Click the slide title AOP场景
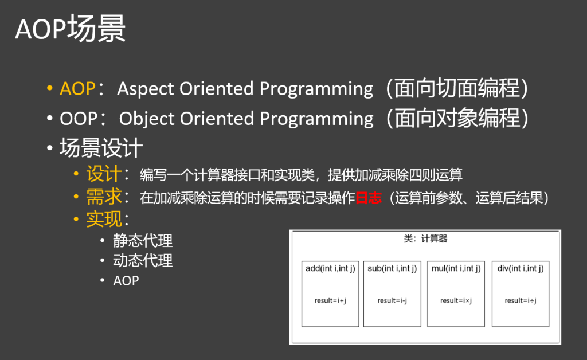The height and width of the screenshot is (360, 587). tap(71, 29)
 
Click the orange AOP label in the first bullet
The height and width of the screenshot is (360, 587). tap(77, 89)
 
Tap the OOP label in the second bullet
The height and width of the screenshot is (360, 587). tap(78, 119)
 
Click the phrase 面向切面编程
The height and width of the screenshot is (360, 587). tap(457, 88)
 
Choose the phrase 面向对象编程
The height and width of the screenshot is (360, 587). tap(457, 118)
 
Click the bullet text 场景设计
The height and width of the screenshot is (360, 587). tap(101, 148)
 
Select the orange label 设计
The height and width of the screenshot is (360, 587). tap(104, 174)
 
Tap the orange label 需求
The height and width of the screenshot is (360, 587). tap(104, 197)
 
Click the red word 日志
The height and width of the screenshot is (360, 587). tap(369, 198)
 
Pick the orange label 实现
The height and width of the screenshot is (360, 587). tap(104, 220)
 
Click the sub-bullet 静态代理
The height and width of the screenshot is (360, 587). tap(143, 241)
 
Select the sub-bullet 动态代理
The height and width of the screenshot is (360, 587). tap(143, 261)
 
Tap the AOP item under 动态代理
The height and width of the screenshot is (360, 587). tap(126, 281)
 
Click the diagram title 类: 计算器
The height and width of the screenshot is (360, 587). tap(426, 238)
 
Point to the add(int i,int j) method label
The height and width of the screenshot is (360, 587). tap(330, 269)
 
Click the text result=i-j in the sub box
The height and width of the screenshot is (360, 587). tap(392, 300)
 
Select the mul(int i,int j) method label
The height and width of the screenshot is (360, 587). tap(456, 269)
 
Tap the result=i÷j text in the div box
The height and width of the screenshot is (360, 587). tap(521, 300)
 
